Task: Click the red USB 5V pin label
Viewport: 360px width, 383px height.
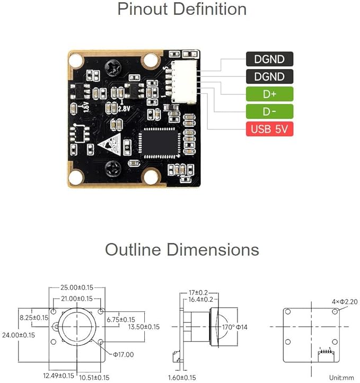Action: [269, 129]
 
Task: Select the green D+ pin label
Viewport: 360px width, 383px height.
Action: [269, 94]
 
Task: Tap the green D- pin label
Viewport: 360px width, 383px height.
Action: [269, 111]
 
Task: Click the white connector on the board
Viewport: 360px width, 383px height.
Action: [183, 82]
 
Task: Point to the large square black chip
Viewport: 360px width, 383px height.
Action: [160, 143]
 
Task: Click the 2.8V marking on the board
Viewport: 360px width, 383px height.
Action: [124, 108]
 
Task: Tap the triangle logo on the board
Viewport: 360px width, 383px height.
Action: [110, 144]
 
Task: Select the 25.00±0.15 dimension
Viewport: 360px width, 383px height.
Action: [77, 288]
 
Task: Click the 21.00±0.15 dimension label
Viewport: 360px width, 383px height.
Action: [77, 299]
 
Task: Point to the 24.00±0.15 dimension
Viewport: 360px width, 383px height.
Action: [19, 335]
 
